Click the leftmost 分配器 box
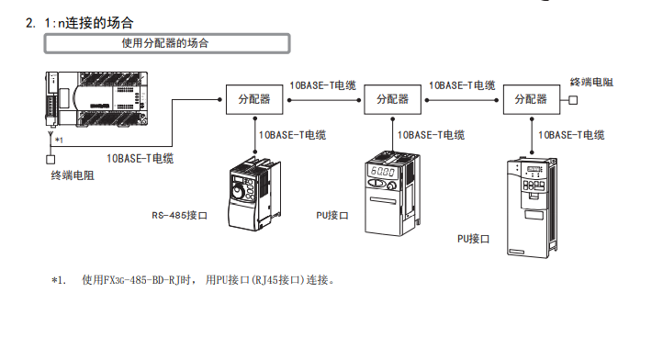254,100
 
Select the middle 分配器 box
392,100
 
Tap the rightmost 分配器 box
532,100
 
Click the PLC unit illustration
96,99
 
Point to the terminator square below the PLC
51,159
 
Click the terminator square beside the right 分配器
573,100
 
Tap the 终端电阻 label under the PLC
73,175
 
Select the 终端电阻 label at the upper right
591,83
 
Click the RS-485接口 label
180,215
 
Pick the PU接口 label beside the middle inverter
332,215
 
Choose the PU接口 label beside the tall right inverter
473,239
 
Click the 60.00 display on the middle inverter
383,171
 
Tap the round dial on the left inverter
238,192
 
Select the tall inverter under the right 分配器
533,208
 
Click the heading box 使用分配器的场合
167,43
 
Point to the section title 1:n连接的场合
89,23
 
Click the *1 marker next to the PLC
59,141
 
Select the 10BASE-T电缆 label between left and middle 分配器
323,85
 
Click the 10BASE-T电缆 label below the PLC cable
141,158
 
